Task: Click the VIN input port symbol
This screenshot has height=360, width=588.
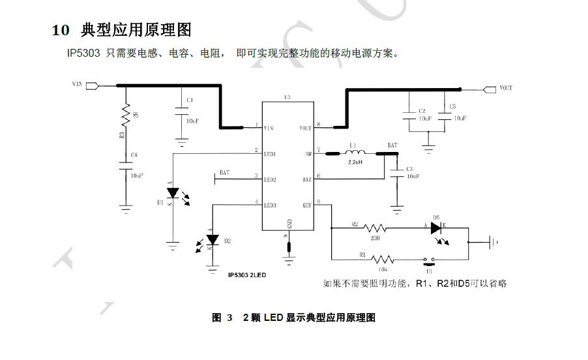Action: click(92, 85)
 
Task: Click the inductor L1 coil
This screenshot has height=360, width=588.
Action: click(355, 153)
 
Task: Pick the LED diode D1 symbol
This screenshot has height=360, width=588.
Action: click(173, 193)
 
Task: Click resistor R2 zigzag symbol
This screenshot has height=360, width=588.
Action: click(375, 228)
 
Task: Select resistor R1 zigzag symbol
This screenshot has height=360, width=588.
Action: click(382, 259)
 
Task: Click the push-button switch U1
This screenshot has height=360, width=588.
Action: click(428, 260)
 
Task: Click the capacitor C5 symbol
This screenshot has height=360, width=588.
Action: click(445, 115)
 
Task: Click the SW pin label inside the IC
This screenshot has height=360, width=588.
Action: click(308, 154)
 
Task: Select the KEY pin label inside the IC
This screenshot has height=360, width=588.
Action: click(306, 205)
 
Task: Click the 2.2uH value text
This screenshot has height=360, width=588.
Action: click(355, 162)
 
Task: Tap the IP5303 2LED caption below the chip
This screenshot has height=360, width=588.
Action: click(247, 275)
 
